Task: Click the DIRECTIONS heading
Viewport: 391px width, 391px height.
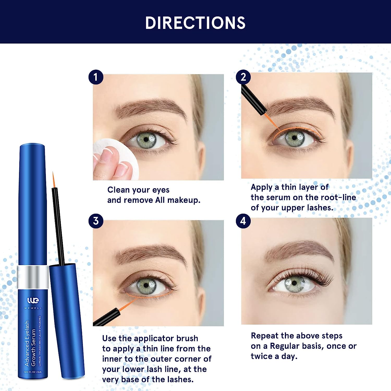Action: (195, 23)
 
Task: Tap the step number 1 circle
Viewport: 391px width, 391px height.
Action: (96, 77)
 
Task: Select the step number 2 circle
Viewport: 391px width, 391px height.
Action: (243, 77)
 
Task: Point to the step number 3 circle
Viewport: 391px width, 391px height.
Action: (96, 221)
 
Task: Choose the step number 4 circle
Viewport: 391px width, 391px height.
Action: (243, 221)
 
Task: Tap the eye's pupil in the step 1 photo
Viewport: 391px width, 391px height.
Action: (146, 139)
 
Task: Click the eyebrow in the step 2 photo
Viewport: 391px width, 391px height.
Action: (300, 106)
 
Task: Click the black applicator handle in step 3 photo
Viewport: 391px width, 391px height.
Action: (106, 317)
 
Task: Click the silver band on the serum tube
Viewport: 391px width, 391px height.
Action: (33, 277)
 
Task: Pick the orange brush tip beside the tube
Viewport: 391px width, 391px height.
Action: (54, 180)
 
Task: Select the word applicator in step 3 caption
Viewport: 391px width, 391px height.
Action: (154, 338)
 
